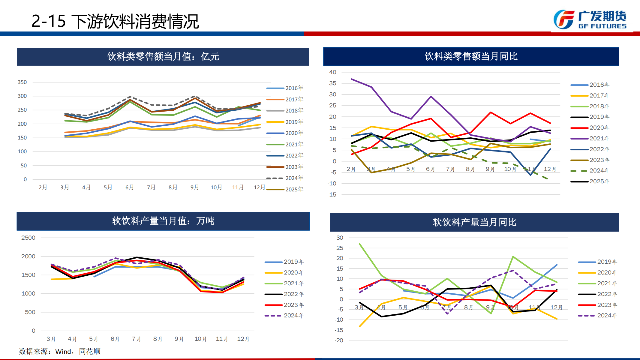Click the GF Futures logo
coord(590,20)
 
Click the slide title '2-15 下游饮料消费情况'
coord(115,21)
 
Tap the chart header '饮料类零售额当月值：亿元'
coord(163,56)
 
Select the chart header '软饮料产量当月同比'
coord(474,222)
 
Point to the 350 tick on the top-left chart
coord(22,82)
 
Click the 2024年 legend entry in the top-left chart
coord(285,178)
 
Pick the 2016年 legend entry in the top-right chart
coord(590,85)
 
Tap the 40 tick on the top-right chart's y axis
coord(332,72)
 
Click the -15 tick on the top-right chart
coord(332,195)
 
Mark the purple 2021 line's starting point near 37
coord(351,79)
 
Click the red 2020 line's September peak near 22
coord(491,112)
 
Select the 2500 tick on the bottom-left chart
coord(28,238)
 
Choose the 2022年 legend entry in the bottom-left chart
coord(284,294)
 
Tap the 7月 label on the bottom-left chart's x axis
coord(137,339)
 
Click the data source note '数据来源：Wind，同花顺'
coord(60,351)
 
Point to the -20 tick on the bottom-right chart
coord(339,340)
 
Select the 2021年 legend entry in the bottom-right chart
coord(598,283)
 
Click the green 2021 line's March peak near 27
coord(359,244)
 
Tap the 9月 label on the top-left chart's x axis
coord(194,187)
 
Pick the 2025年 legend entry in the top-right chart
coord(590,181)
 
